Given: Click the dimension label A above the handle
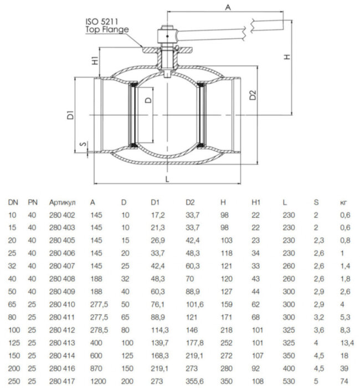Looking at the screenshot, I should point(228,7).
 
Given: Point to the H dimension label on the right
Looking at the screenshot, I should point(286,58).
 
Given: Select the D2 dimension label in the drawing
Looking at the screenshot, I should point(253,94).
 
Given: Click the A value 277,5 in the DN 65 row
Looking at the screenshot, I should point(99,305).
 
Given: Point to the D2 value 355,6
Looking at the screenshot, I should point(193,382).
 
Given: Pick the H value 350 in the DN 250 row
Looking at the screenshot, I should point(225,382).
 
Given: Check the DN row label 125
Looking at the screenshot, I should point(14,343).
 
